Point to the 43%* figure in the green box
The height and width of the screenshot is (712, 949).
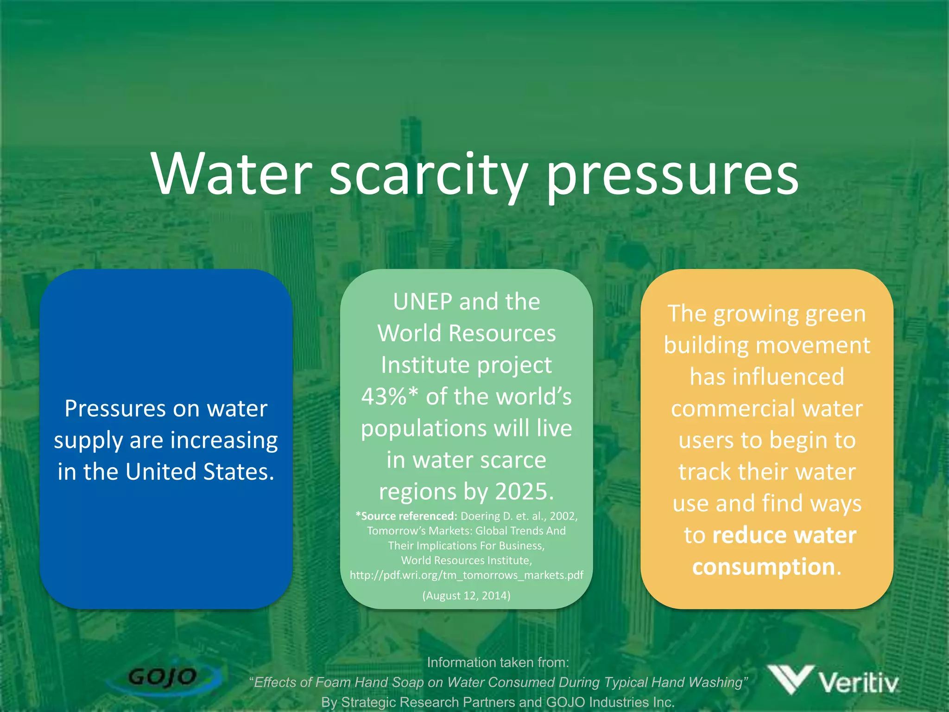pyautogui.click(x=389, y=397)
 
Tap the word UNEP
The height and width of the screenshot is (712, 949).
pyautogui.click(x=422, y=302)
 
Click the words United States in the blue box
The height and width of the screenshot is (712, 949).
pyautogui.click(x=200, y=472)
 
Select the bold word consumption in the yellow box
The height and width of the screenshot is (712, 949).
pyautogui.click(x=764, y=567)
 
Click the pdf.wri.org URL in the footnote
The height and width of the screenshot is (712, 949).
pyautogui.click(x=466, y=575)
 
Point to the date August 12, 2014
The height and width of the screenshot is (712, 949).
pyautogui.click(x=466, y=596)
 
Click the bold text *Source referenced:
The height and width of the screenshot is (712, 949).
pyautogui.click(x=406, y=516)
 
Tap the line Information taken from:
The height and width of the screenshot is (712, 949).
pyautogui.click(x=498, y=662)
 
